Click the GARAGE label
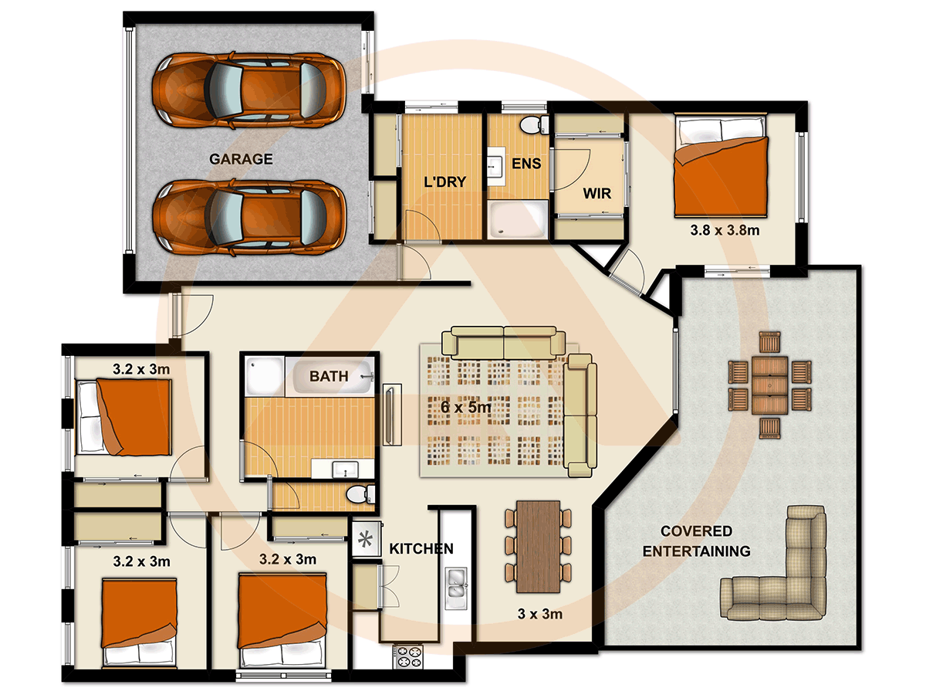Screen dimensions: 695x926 [x=241, y=160]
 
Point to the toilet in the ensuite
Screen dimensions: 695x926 [x=531, y=124]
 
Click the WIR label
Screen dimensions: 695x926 [x=596, y=192]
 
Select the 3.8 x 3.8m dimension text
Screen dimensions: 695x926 [x=725, y=229]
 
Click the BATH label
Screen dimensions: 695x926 [x=329, y=377]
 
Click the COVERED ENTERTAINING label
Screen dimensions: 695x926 [x=696, y=541]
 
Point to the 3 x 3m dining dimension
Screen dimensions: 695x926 [x=539, y=615]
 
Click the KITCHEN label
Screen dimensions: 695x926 [x=421, y=549]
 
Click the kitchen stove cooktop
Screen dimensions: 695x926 [x=408, y=656]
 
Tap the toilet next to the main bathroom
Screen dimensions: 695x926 [x=359, y=494]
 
